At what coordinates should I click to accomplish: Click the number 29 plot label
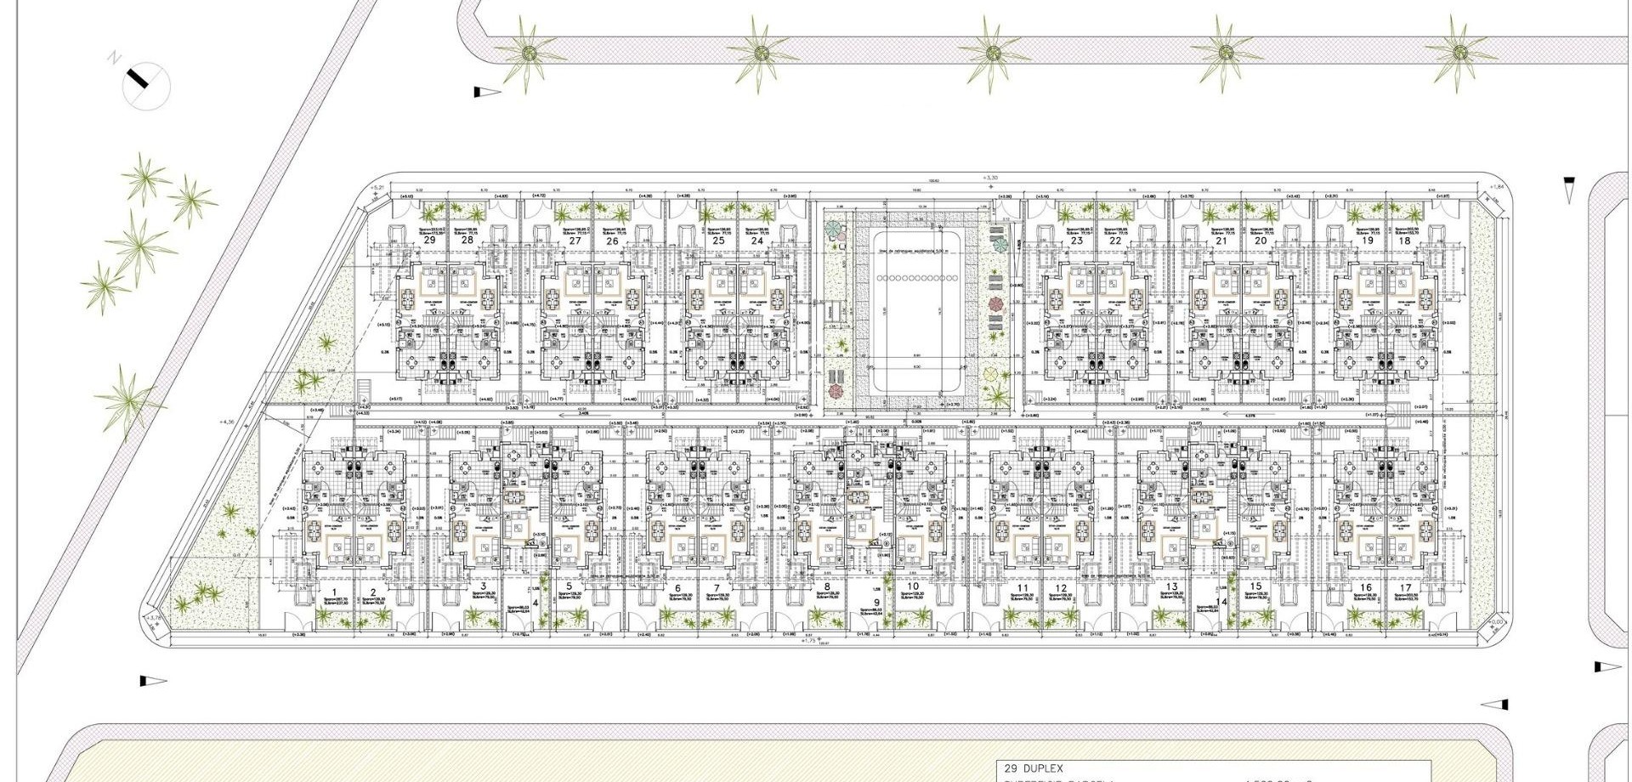click(x=429, y=241)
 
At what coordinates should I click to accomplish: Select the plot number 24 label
click(x=757, y=241)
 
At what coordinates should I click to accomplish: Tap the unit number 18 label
click(x=1404, y=241)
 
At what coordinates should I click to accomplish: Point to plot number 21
click(x=1221, y=241)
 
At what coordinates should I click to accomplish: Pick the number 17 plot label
click(x=1406, y=588)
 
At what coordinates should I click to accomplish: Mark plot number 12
click(x=1061, y=588)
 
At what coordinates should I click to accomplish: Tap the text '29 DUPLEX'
click(x=1034, y=768)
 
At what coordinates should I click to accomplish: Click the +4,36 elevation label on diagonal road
click(x=226, y=422)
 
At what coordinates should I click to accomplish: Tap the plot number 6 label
click(x=677, y=588)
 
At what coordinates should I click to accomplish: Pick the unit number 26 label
click(x=612, y=241)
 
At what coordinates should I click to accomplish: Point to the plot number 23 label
click(x=1077, y=241)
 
